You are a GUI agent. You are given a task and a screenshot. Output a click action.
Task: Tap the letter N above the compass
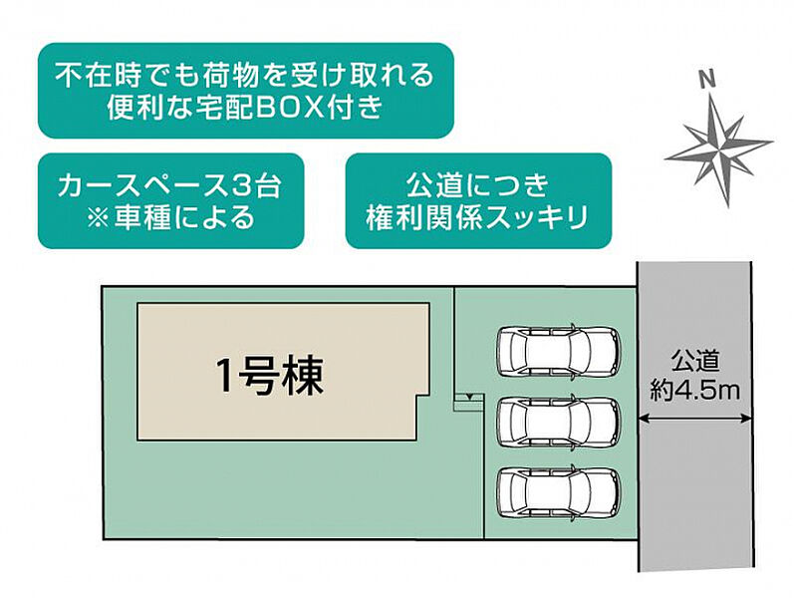[x=707, y=80]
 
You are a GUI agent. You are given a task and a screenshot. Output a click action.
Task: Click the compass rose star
[x=719, y=149]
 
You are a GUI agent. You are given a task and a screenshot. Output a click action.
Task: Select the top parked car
[x=559, y=351]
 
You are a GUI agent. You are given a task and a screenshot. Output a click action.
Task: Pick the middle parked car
[x=559, y=422]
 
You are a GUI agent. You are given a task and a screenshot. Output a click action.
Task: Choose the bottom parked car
[x=559, y=492]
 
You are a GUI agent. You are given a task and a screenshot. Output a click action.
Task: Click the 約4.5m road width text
[x=694, y=391]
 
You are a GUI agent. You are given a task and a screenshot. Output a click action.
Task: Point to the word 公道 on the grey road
[x=695, y=362]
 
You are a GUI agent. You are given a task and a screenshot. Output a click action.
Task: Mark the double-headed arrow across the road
[x=694, y=419]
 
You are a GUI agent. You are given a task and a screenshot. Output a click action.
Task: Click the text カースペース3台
[x=169, y=185]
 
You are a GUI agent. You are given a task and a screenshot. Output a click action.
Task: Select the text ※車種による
[x=170, y=217]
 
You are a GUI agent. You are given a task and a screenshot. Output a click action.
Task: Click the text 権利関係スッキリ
[x=478, y=217]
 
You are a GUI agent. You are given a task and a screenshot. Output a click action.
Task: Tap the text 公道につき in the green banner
[x=478, y=185]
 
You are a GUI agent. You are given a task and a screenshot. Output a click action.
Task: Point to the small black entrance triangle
[x=469, y=397]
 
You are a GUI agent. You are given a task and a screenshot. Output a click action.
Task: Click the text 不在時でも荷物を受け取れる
[x=245, y=75]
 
